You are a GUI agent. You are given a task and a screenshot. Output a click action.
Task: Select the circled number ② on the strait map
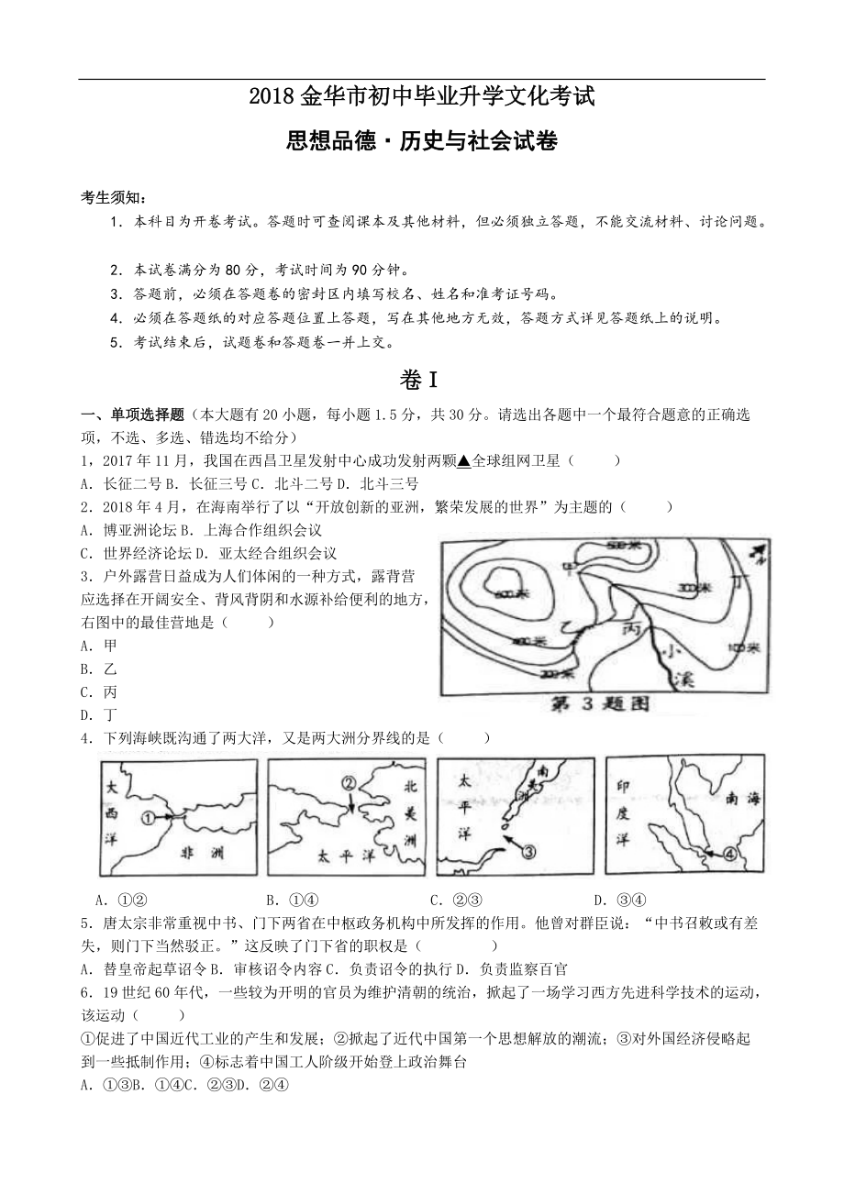348,784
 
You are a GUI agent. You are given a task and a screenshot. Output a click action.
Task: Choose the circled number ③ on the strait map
528,851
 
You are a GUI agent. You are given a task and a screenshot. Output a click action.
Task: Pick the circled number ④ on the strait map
729,854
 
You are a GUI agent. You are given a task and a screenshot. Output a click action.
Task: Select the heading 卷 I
422,379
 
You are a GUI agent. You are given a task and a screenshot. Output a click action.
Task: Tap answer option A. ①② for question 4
122,900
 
